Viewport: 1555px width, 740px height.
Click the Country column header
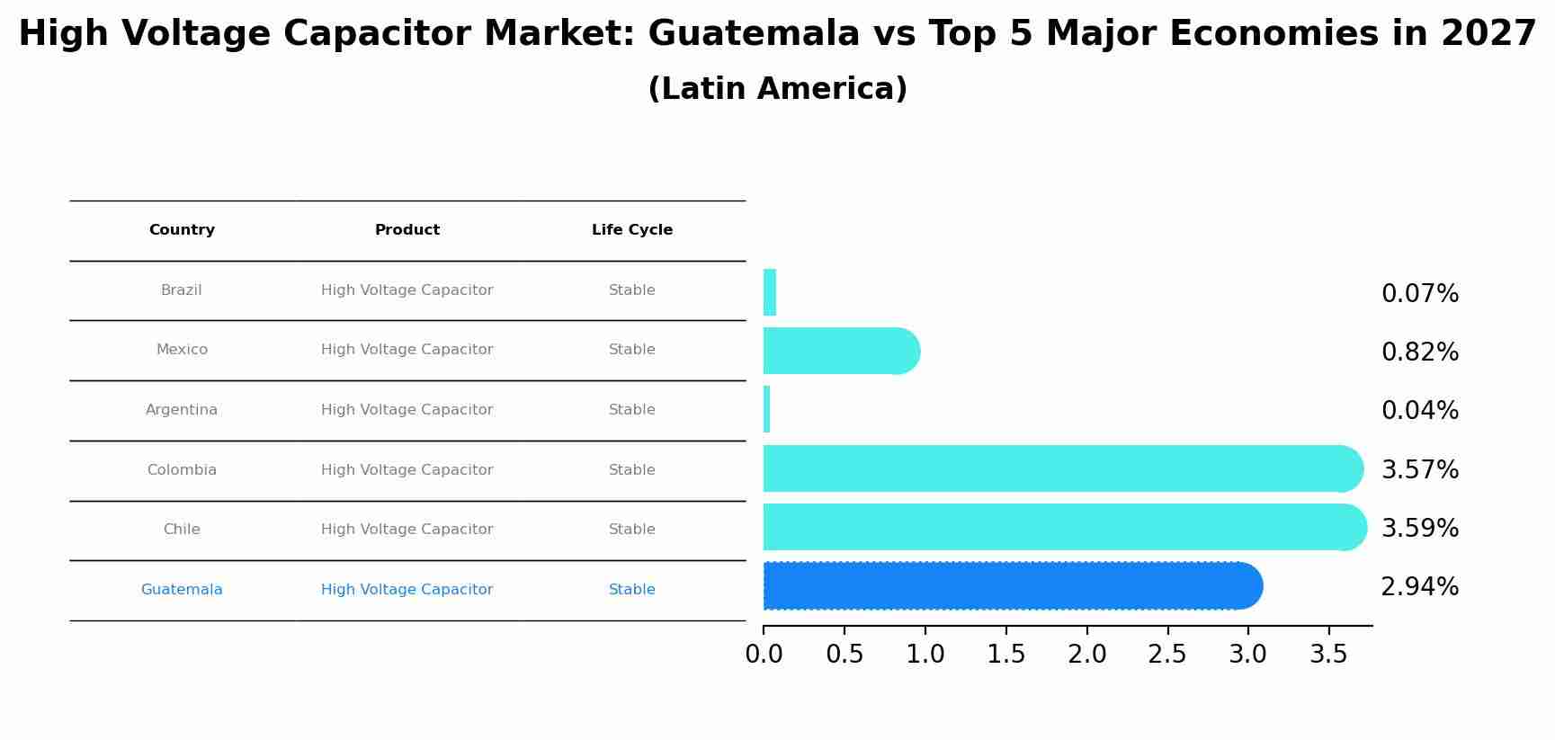182,230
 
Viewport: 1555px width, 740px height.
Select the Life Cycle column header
632,230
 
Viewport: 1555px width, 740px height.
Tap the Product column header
407,230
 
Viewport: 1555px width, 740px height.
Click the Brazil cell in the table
182,290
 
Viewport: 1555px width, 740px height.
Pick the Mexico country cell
182,350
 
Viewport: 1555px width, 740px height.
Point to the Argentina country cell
182,410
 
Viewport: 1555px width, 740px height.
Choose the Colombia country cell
182,470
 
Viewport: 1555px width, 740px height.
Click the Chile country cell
182,530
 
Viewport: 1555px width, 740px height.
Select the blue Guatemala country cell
182,590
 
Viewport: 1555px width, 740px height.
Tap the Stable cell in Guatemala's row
632,590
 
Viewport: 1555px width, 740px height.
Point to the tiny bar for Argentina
766,409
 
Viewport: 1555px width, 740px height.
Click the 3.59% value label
1420,529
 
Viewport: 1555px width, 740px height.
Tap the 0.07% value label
1420,294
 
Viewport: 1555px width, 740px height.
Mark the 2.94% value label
1420,587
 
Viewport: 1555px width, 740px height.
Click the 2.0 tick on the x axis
1086,655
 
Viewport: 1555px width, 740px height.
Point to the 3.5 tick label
1328,655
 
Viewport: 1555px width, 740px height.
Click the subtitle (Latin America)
777,89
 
